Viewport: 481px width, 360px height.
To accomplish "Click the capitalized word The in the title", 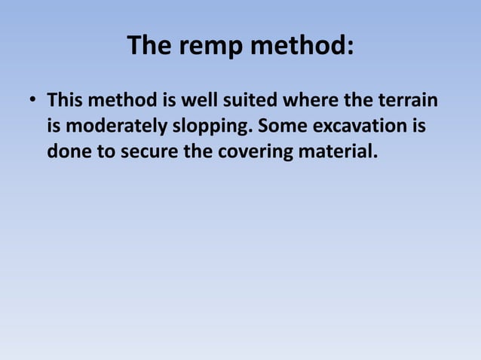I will tap(149, 47).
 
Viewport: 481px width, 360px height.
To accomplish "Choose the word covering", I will tap(253, 152).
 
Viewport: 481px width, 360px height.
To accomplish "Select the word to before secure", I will tap(101, 152).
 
